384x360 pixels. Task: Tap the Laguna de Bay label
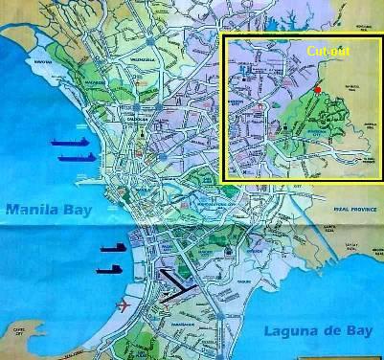[x=313, y=332]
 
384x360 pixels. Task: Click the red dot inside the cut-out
[x=317, y=90]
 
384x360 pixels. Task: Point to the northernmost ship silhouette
[x=73, y=141]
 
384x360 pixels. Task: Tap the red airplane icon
[x=122, y=306]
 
